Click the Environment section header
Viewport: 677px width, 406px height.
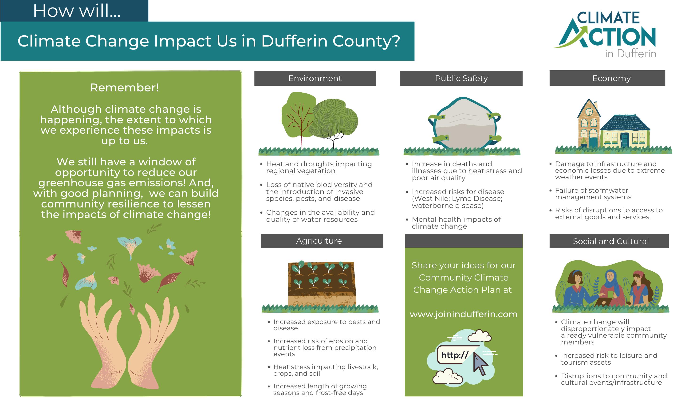(x=315, y=78)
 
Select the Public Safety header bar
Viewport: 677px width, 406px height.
(x=461, y=78)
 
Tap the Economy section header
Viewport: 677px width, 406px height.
(x=607, y=78)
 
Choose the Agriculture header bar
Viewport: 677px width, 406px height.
(x=322, y=241)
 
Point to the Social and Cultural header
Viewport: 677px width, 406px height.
(x=609, y=241)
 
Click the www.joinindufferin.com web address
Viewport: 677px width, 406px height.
(x=463, y=314)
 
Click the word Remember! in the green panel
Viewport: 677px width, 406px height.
(x=125, y=88)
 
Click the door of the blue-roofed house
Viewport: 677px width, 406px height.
(x=625, y=140)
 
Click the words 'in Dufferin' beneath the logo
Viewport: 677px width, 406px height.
(x=630, y=54)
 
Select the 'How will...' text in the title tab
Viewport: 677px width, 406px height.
(x=77, y=11)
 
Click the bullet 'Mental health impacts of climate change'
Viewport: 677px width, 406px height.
(x=456, y=223)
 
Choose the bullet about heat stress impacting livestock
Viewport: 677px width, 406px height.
(x=325, y=370)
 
